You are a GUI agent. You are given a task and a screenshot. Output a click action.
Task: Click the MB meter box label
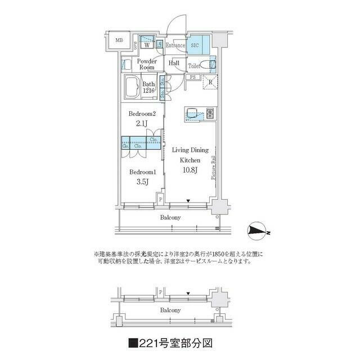pyautogui.click(x=119, y=40)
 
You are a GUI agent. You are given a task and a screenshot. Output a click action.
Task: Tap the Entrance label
pyautogui.click(x=175, y=45)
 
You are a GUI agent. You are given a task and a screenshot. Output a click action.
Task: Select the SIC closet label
pyautogui.click(x=195, y=44)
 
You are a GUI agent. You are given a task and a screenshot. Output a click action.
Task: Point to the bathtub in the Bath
pyautogui.click(x=133, y=88)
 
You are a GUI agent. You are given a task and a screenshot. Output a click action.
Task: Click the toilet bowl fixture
pyautogui.click(x=212, y=64)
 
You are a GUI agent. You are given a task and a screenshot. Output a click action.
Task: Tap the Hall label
pyautogui.click(x=174, y=63)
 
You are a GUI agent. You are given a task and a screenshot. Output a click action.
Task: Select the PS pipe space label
pyautogui.click(x=192, y=77)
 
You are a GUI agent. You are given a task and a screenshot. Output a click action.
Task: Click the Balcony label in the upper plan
pyautogui.click(x=170, y=217)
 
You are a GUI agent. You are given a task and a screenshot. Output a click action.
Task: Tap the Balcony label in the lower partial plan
pyautogui.click(x=170, y=310)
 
